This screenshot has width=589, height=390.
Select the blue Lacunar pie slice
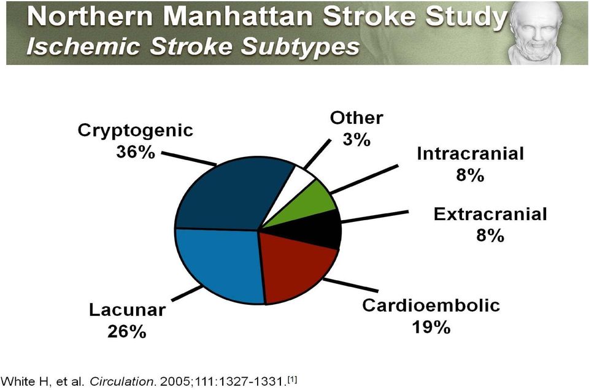tap(218, 262)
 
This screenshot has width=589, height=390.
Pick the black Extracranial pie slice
tap(319, 229)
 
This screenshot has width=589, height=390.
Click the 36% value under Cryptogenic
tap(135, 152)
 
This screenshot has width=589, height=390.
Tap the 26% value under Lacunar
tap(126, 332)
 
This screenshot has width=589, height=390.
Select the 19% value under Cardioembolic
tap(431, 327)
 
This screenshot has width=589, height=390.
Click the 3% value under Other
tap(356, 140)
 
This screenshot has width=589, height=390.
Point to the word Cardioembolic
tap(431, 305)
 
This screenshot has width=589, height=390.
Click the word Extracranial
tap(490, 214)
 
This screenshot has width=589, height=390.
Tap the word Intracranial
tap(471, 153)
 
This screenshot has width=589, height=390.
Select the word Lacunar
tap(128, 310)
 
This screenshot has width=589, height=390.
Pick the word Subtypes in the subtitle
tap(300, 47)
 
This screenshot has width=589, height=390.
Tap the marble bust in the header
tap(534, 33)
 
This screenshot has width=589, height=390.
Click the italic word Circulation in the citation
tap(121, 382)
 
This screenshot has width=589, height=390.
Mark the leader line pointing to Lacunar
tap(187, 292)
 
